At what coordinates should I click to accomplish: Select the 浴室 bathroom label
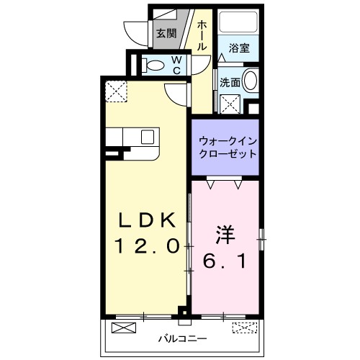(x=239, y=49)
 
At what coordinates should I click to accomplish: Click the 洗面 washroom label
(x=230, y=83)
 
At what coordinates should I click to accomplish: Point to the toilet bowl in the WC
(x=155, y=66)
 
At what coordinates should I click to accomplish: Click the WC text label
(x=175, y=66)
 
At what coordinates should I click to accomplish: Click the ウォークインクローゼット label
(x=228, y=148)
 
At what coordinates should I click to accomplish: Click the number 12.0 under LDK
(x=147, y=246)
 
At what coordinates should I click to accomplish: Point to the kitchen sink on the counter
(x=148, y=137)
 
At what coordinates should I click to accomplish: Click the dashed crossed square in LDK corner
(x=115, y=91)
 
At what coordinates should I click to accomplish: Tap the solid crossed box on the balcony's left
(x=123, y=330)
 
